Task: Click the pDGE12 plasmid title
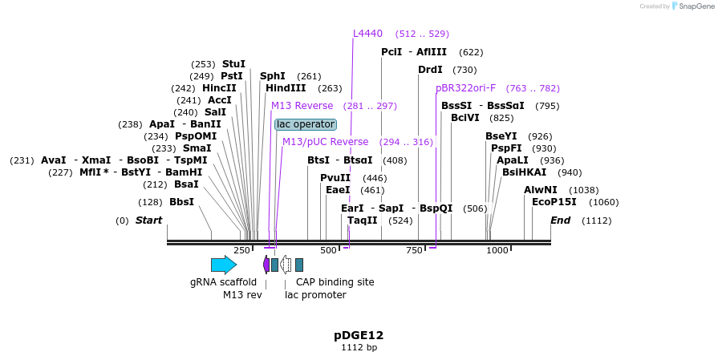click(x=359, y=335)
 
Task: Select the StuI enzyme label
click(x=233, y=64)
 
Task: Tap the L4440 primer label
click(x=368, y=34)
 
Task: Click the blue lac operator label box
click(x=305, y=124)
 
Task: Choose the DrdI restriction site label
click(x=430, y=70)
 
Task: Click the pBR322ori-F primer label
click(x=466, y=88)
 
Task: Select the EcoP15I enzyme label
click(x=554, y=202)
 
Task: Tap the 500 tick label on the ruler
click(x=328, y=250)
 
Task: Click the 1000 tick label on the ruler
click(x=497, y=250)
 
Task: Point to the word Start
click(x=148, y=220)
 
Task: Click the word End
click(x=560, y=220)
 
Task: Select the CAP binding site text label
click(x=335, y=282)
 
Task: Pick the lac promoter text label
click(x=315, y=295)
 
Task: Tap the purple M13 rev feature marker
click(x=266, y=265)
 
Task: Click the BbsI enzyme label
click(x=181, y=202)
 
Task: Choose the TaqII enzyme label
click(x=362, y=220)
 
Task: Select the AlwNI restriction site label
click(x=540, y=190)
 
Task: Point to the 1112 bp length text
click(x=359, y=348)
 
